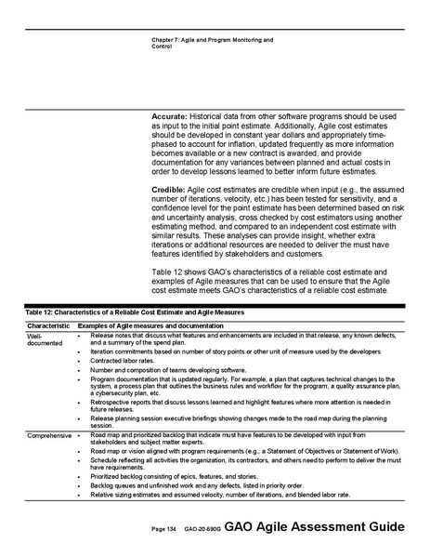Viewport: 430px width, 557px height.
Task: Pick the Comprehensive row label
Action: click(50, 434)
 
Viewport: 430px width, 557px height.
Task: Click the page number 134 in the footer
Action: click(164, 529)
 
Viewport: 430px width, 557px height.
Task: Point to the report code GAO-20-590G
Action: click(202, 529)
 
